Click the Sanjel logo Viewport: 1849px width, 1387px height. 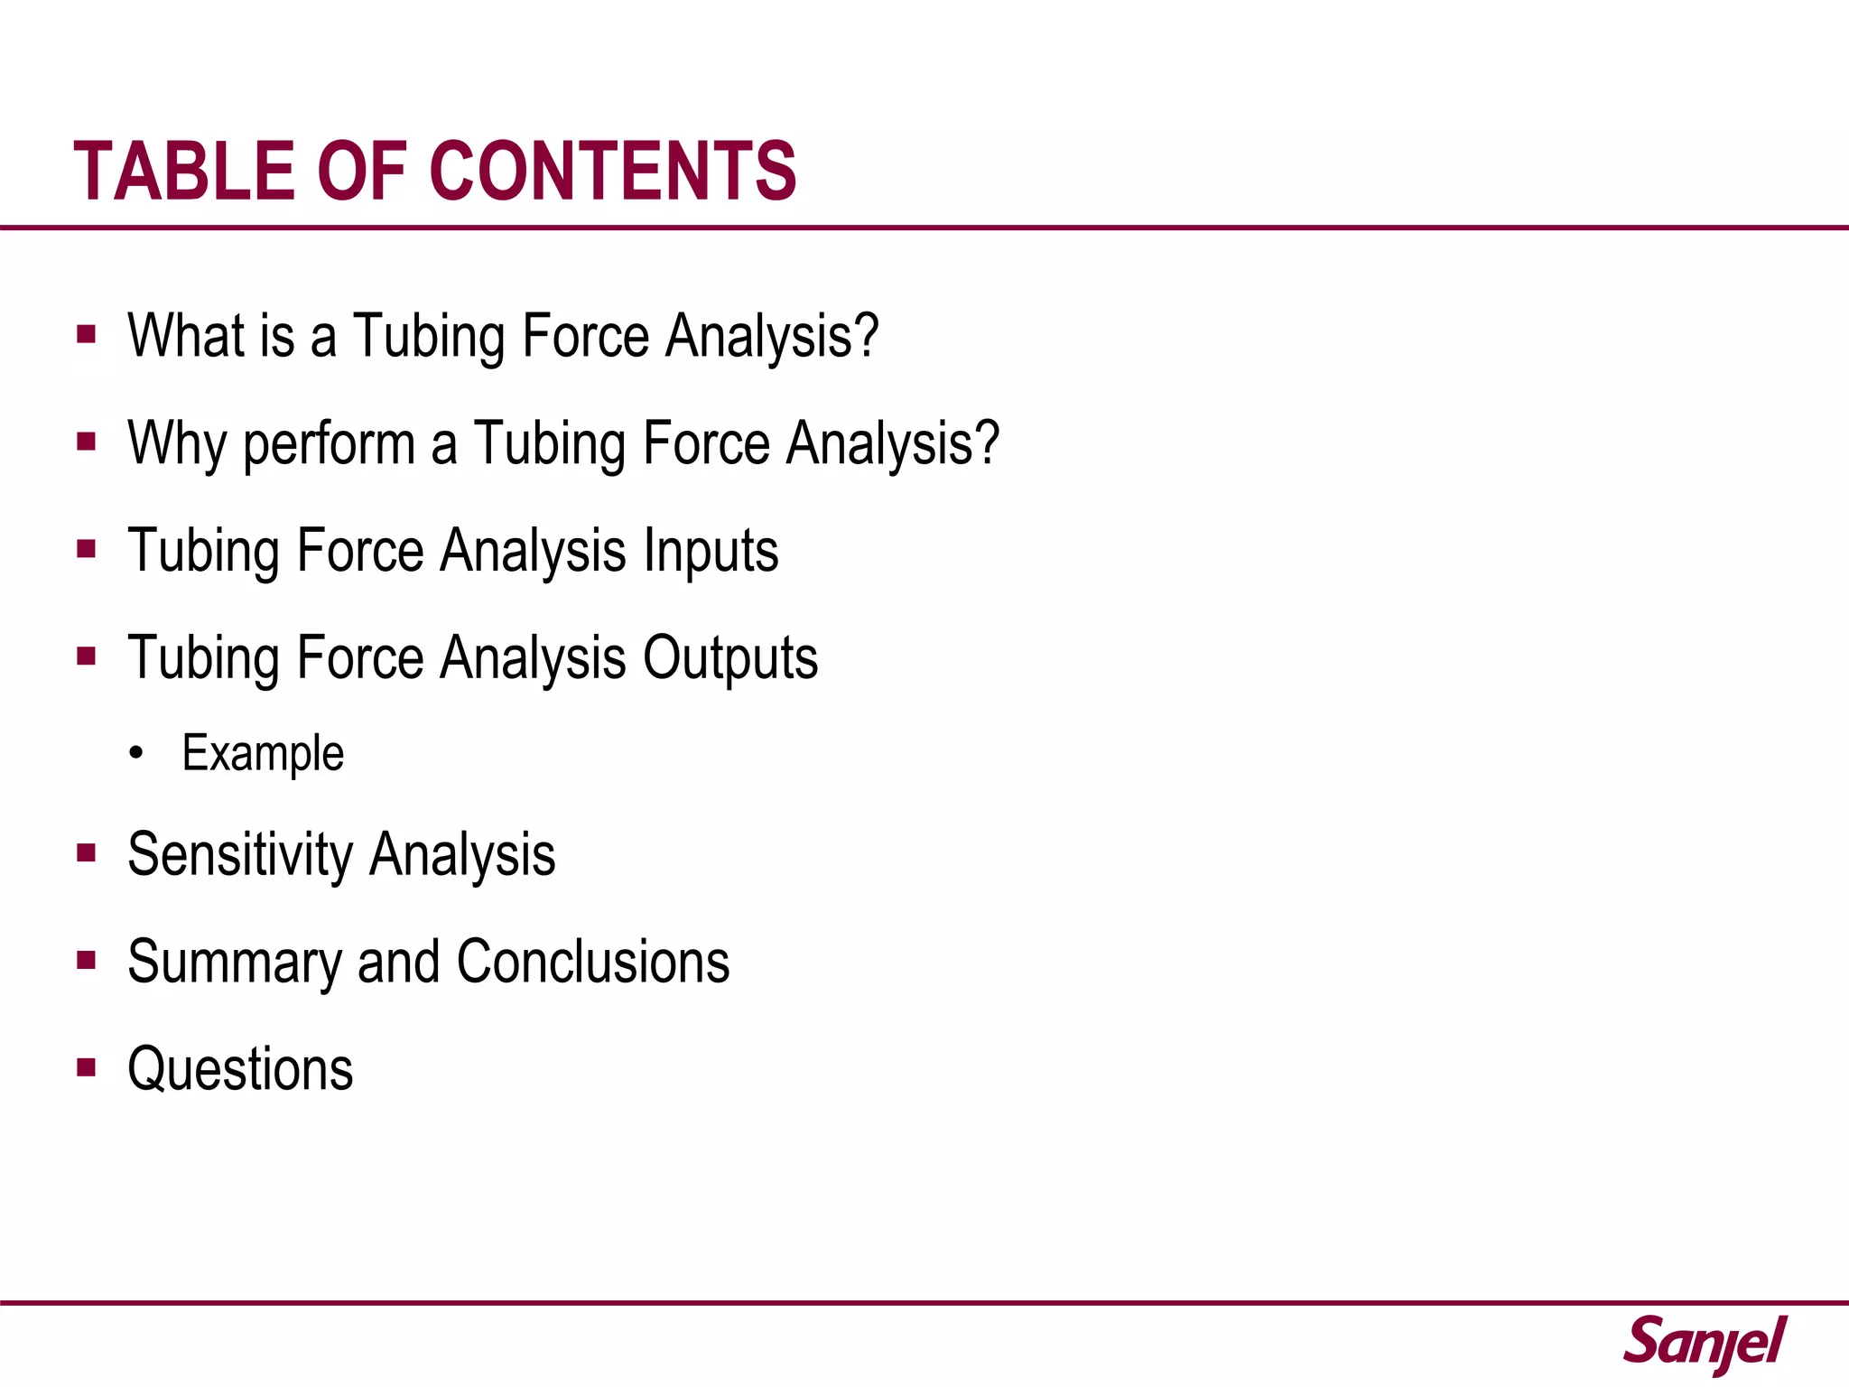1705,1344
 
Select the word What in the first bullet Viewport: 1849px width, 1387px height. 185,336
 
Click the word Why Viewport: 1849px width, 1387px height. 177,444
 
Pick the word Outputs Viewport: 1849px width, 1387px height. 729,658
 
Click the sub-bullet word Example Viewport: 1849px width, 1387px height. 263,754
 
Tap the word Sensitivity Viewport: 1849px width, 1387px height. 240,855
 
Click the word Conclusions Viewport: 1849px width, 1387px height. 593,962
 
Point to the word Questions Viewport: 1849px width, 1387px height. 240,1070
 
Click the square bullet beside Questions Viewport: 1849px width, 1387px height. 87,1068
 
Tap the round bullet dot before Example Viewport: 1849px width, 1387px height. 136,754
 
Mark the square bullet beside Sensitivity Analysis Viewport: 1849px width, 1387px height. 87,853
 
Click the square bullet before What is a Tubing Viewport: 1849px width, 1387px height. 87,335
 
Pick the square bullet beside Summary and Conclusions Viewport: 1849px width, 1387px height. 87,960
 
